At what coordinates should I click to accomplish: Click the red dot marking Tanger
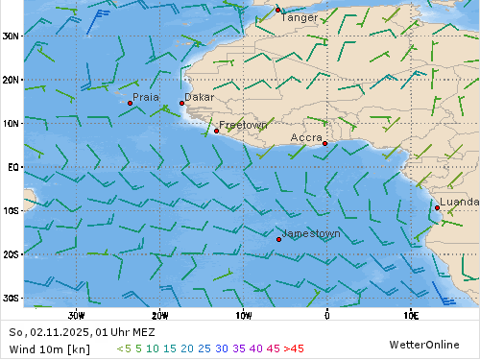point(278,11)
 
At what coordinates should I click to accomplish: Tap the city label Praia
point(146,97)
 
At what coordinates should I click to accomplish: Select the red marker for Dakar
point(181,104)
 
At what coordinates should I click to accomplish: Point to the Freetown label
point(243,126)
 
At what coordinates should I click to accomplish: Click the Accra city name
point(306,138)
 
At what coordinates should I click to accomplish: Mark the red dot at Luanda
point(437,207)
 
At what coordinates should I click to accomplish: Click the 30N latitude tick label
point(11,36)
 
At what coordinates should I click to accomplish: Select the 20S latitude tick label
point(11,254)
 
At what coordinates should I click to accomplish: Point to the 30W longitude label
point(77,314)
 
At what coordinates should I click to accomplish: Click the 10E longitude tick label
point(411,314)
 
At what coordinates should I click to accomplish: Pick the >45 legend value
point(293,348)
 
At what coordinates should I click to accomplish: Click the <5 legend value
point(124,348)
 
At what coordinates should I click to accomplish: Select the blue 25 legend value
point(204,348)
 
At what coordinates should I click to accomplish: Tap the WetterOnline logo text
point(423,344)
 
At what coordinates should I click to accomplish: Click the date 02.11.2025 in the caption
point(60,332)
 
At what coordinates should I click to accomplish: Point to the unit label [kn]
point(79,348)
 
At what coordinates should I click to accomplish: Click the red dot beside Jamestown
point(278,239)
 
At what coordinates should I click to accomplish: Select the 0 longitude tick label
point(326,314)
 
